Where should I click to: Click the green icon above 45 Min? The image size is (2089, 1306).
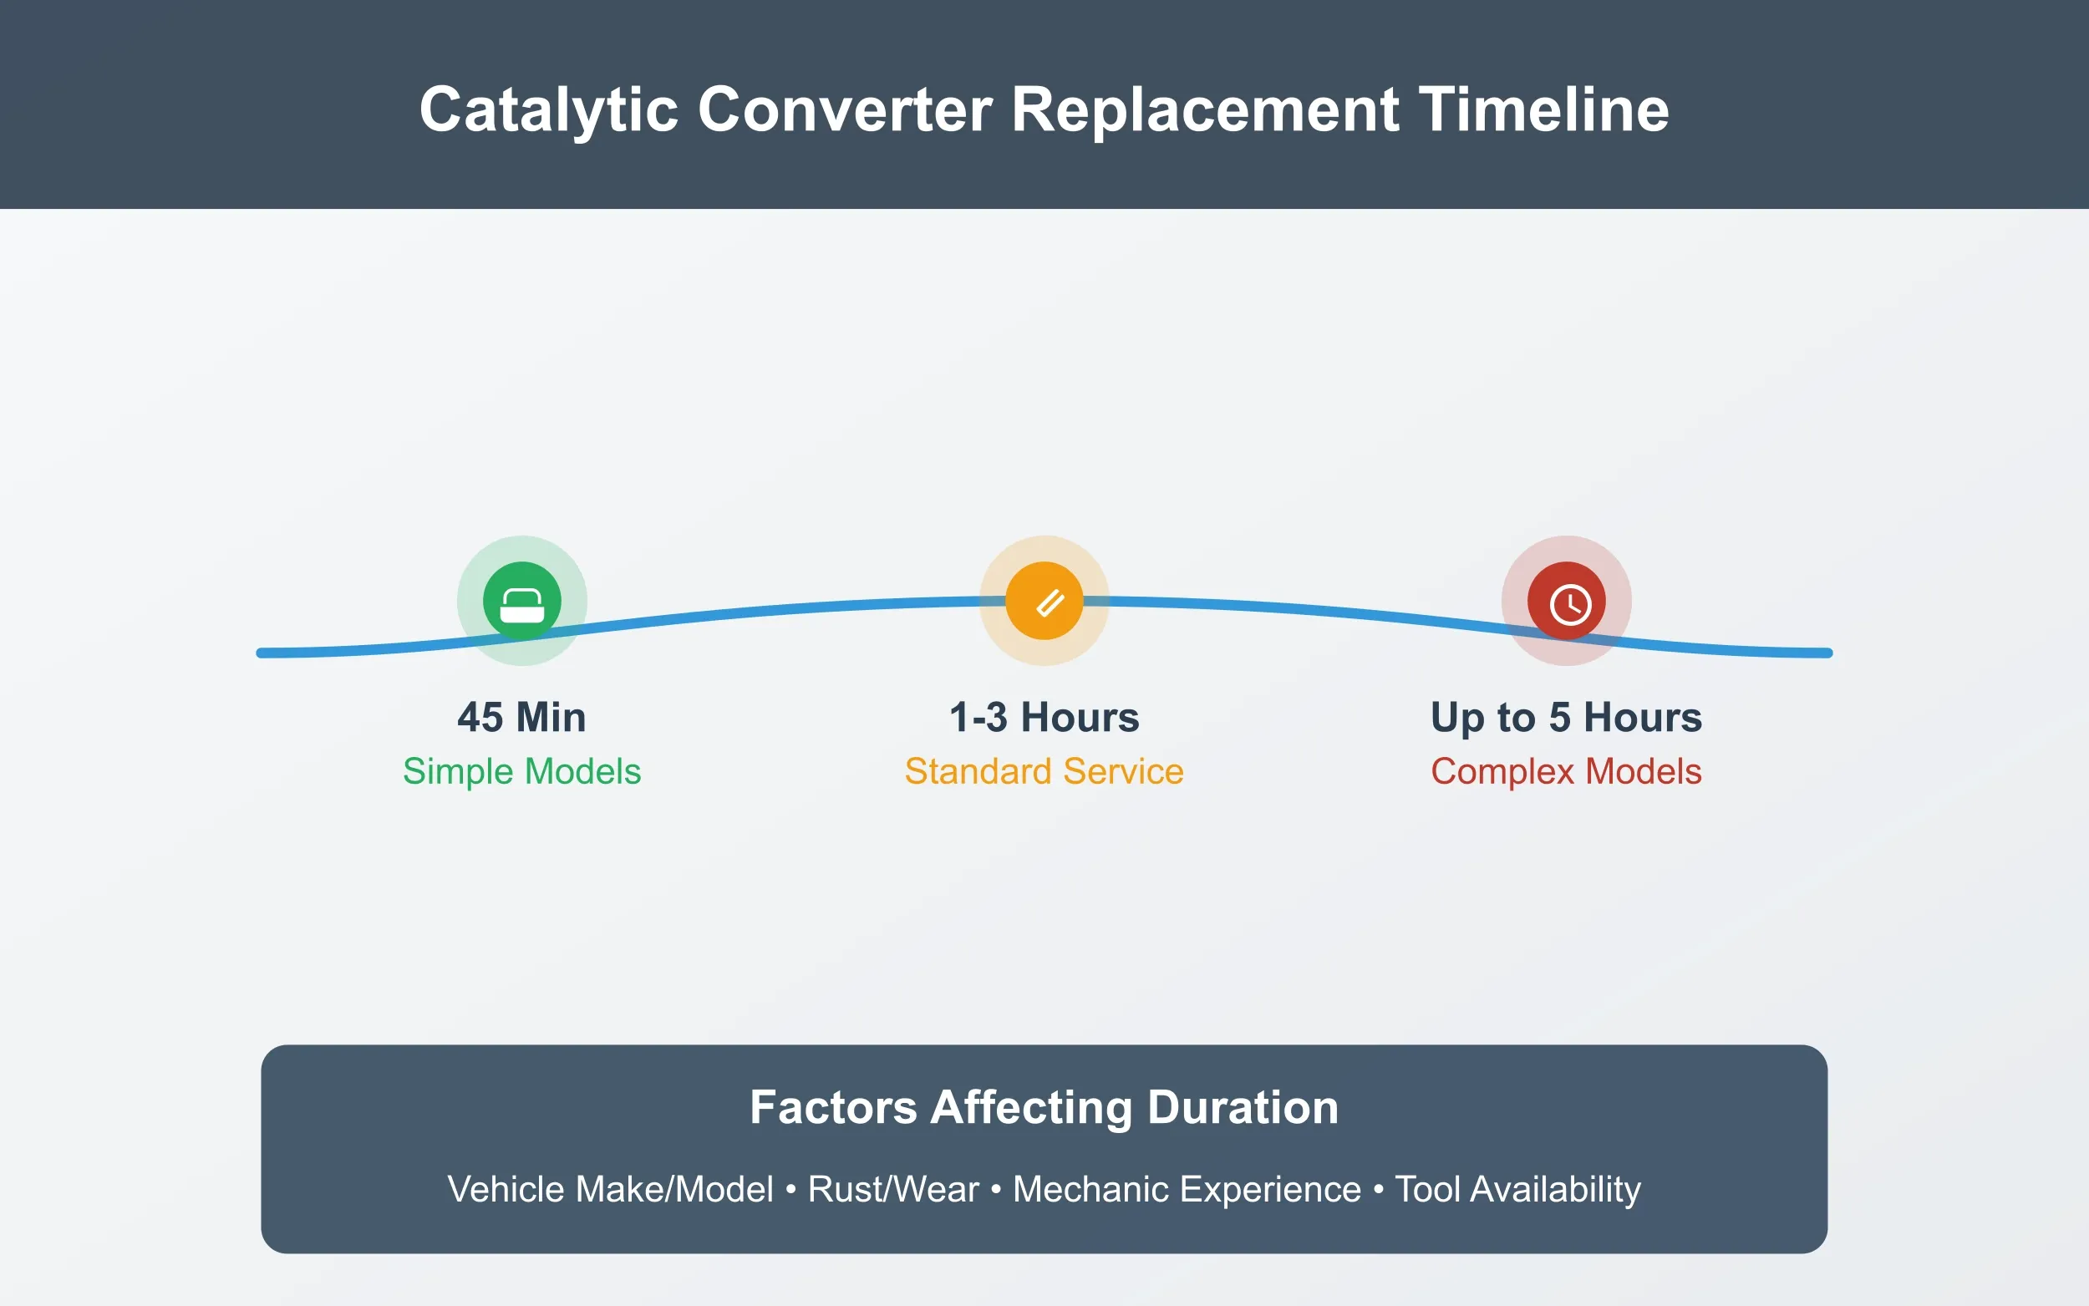[x=521, y=601]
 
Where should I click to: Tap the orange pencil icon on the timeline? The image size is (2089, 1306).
[x=1044, y=601]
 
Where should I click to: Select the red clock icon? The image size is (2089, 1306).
[x=1567, y=601]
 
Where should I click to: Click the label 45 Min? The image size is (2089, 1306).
[x=521, y=717]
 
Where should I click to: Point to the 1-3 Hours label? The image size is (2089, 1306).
[x=1044, y=717]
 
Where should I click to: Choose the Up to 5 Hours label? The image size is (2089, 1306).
[x=1566, y=717]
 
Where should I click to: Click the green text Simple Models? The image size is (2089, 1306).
[x=521, y=770]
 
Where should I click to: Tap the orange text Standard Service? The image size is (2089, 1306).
[x=1044, y=770]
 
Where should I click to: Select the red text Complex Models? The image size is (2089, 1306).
[x=1566, y=770]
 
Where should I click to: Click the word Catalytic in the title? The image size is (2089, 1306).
[x=548, y=109]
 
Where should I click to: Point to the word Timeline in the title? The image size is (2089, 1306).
[x=1543, y=109]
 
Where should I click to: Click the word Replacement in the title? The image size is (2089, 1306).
[x=1205, y=109]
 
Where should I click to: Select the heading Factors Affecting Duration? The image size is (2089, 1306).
[x=1044, y=1106]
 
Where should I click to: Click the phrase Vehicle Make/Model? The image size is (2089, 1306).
[x=610, y=1188]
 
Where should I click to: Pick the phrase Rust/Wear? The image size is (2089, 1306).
[x=893, y=1188]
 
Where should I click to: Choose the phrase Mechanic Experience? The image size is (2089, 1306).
[x=1187, y=1188]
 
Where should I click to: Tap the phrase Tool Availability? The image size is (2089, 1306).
[x=1517, y=1188]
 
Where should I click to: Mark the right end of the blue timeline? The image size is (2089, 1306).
[x=1827, y=653]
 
